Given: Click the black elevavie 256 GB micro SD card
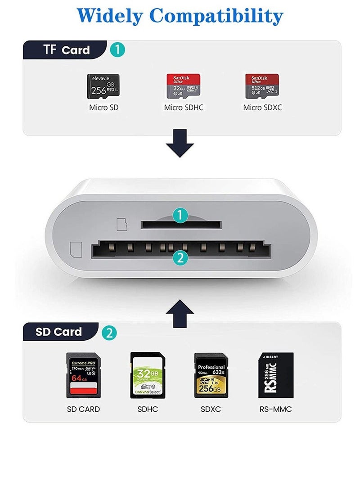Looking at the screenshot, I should (103, 86).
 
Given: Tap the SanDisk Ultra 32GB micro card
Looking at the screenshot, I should (184, 86).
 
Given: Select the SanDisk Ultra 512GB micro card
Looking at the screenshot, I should (262, 86).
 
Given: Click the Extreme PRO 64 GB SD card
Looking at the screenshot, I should (83, 375).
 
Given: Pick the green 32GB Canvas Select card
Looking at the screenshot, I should (147, 375).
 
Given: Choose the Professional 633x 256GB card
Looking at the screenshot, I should (211, 375).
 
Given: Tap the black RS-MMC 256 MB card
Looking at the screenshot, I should (275, 375).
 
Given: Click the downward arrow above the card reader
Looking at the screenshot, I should (180, 143).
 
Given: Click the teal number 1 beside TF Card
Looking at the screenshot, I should (117, 50).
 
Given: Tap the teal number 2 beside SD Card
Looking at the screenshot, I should (109, 333).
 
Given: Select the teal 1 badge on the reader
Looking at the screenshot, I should (180, 216).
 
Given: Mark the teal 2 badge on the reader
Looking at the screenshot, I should (180, 257).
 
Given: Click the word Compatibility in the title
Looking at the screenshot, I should (216, 16).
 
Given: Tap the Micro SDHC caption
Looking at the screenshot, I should (184, 108).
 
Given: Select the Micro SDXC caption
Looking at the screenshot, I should (262, 108).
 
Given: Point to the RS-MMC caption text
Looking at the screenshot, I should (275, 409).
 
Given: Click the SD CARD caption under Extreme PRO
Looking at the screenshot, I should (83, 409).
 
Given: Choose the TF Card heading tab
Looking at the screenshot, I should (67, 50).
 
